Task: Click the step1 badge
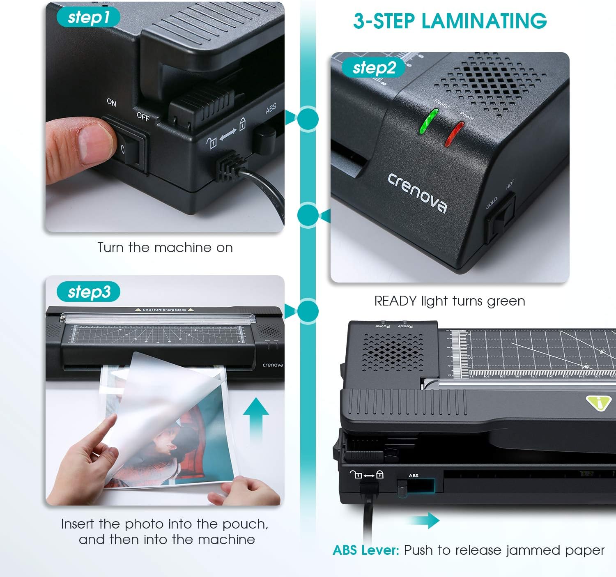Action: pyautogui.click(x=88, y=17)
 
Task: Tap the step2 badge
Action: pyautogui.click(x=373, y=68)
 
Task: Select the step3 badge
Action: pyautogui.click(x=89, y=292)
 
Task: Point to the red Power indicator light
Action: pyautogui.click(x=454, y=134)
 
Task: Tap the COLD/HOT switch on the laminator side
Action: pyautogui.click(x=500, y=220)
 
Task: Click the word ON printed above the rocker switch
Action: pyautogui.click(x=111, y=102)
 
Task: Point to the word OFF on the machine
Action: pyautogui.click(x=143, y=117)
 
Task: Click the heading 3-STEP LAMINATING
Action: pyautogui.click(x=450, y=21)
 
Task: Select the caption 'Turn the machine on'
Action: pyautogui.click(x=165, y=248)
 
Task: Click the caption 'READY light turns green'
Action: pyautogui.click(x=450, y=301)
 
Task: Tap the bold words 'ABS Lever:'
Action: pyautogui.click(x=365, y=550)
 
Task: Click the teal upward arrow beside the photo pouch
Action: pyautogui.click(x=255, y=419)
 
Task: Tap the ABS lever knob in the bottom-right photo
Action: pyautogui.click(x=402, y=487)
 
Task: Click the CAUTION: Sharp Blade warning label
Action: pyautogui.click(x=164, y=310)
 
